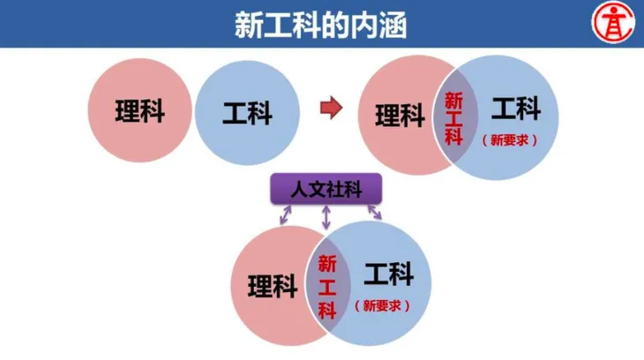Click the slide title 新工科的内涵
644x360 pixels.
coord(321,25)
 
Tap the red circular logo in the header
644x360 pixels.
coord(613,22)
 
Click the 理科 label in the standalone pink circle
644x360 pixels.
coord(140,111)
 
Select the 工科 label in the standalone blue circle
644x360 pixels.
coord(247,113)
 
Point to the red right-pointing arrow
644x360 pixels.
coord(331,108)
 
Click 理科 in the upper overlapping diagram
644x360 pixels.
coord(400,116)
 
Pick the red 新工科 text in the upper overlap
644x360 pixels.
coord(453,118)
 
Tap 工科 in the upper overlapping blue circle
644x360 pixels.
coord(516,108)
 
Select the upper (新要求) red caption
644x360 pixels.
coord(510,140)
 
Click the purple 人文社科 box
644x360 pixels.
coord(326,189)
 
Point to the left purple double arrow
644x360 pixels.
coord(286,215)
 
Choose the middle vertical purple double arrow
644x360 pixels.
coord(326,217)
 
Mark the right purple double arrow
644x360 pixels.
coord(375,212)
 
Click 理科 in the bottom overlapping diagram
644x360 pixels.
coord(273,286)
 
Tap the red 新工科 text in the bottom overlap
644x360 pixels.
coord(327,287)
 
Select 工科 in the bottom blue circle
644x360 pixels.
coord(388,274)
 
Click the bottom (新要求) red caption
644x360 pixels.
coord(382,305)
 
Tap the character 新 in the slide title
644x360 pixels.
coord(249,25)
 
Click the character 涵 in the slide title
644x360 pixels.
coord(393,25)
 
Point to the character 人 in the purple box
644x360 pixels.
coord(299,190)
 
